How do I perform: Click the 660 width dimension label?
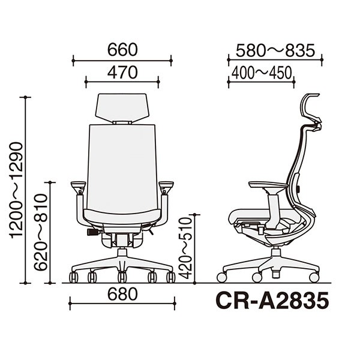[x=122, y=49]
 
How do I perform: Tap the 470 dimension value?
[x=122, y=72]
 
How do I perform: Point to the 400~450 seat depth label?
[x=261, y=73]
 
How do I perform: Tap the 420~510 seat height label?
[x=185, y=247]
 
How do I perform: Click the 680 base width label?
[x=122, y=293]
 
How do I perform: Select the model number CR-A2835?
[x=272, y=300]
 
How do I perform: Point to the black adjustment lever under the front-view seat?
[x=93, y=232]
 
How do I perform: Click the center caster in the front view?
[x=122, y=277]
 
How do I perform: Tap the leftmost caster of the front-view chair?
[x=74, y=277]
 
